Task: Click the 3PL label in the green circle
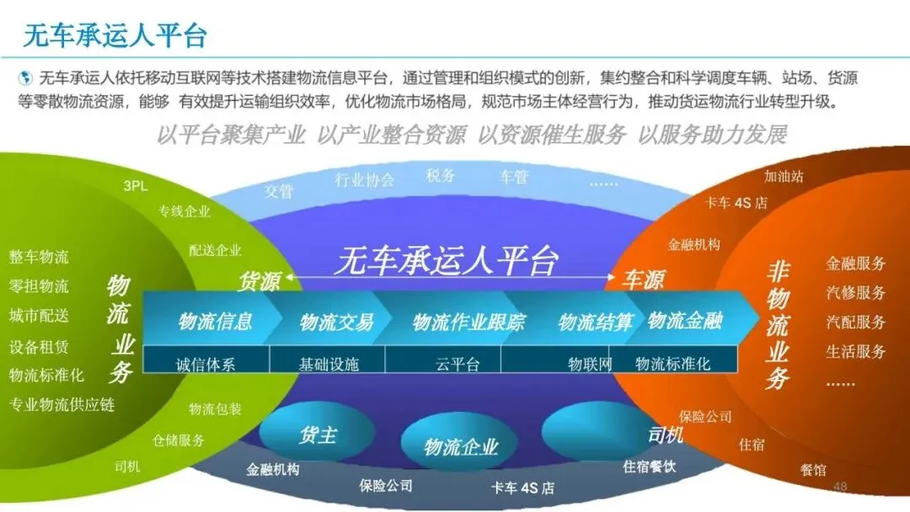135,186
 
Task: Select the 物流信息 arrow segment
215,321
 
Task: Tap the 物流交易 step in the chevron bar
335,322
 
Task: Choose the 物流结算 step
595,322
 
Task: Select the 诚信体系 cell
206,365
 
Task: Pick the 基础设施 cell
329,365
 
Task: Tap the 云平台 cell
458,365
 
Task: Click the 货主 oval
317,435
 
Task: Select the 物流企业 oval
461,446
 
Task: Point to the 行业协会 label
364,179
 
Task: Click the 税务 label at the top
440,175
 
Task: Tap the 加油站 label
784,177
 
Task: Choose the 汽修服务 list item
855,293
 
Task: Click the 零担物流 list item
39,286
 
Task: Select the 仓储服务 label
179,440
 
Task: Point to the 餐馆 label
813,470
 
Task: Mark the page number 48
839,487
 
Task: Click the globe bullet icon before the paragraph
25,78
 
